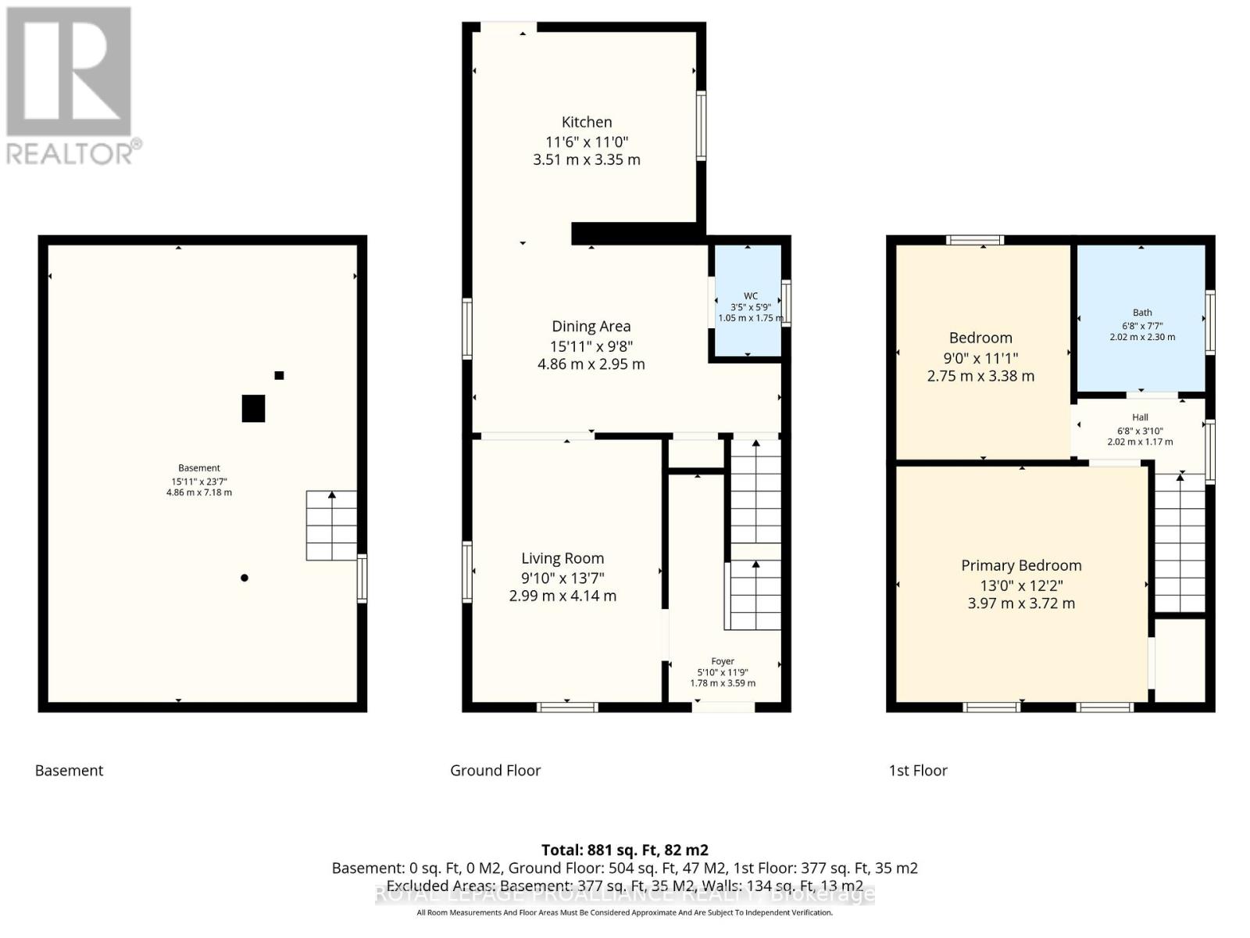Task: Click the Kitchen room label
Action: pos(587,122)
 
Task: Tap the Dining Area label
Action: pos(591,327)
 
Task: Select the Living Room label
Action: pos(562,558)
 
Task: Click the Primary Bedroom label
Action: pos(1021,565)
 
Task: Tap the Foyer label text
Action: pos(723,661)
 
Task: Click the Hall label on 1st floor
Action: pos(1140,417)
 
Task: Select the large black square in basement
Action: pos(253,408)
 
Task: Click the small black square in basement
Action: pos(279,375)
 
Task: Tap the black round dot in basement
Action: pos(245,578)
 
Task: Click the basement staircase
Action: pos(331,525)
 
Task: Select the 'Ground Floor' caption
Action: pos(495,770)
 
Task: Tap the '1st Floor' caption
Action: pos(918,770)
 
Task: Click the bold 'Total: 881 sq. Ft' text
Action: pos(624,850)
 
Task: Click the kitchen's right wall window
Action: pos(701,126)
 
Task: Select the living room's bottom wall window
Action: pos(567,707)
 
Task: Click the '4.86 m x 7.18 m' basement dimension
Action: pos(198,492)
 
